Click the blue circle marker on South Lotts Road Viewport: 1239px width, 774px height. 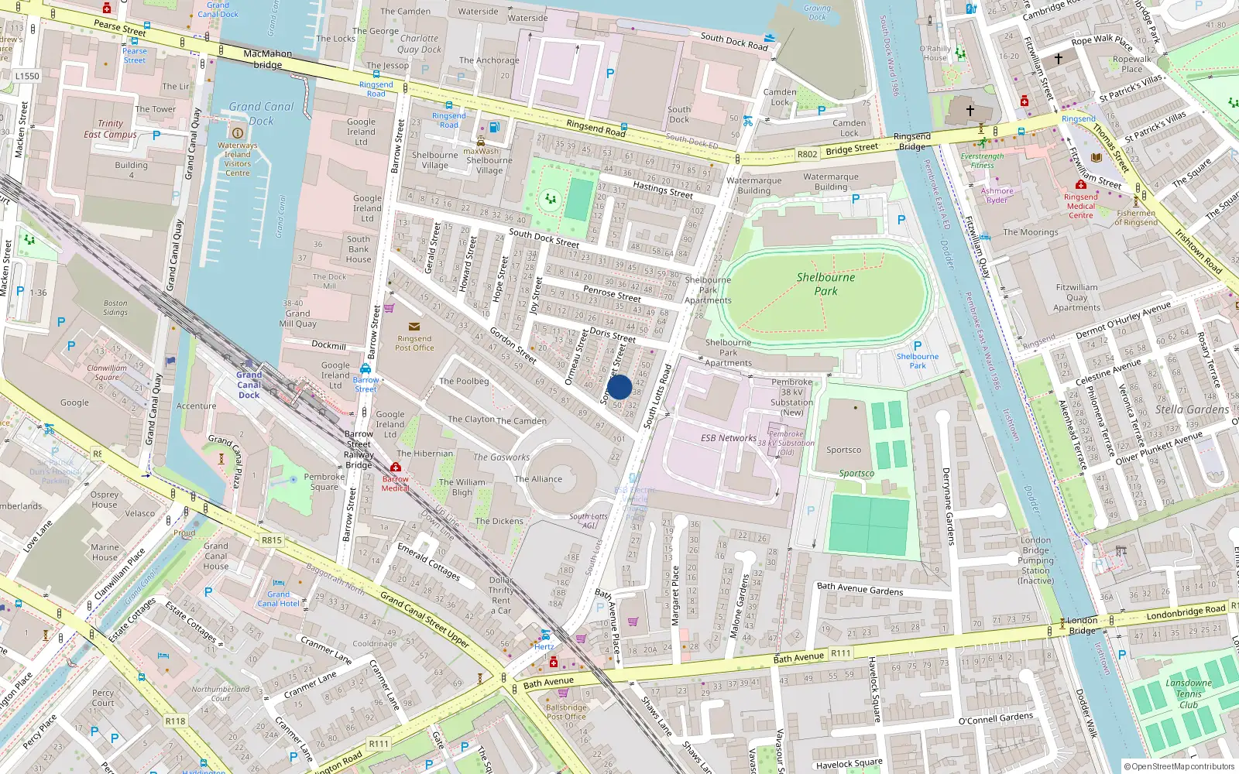619,387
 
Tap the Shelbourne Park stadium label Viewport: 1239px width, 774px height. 825,284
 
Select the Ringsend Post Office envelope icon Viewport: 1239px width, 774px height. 414,327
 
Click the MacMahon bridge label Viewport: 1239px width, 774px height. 268,59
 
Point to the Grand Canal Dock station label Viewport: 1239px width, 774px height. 249,385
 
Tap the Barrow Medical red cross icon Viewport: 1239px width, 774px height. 396,467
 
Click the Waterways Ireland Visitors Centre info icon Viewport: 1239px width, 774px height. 238,133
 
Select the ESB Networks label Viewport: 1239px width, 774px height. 728,438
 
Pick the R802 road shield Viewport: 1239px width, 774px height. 807,154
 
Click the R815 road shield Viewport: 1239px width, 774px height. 272,540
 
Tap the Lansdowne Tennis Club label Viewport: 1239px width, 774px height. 1189,694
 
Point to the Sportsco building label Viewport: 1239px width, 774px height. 843,450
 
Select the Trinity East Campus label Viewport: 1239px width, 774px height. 110,129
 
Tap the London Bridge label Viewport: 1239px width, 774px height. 1082,625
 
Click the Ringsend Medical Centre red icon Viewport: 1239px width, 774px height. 1080,184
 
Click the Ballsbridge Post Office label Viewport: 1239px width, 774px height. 566,712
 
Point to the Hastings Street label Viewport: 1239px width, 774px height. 663,189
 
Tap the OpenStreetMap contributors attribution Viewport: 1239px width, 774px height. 1179,766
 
